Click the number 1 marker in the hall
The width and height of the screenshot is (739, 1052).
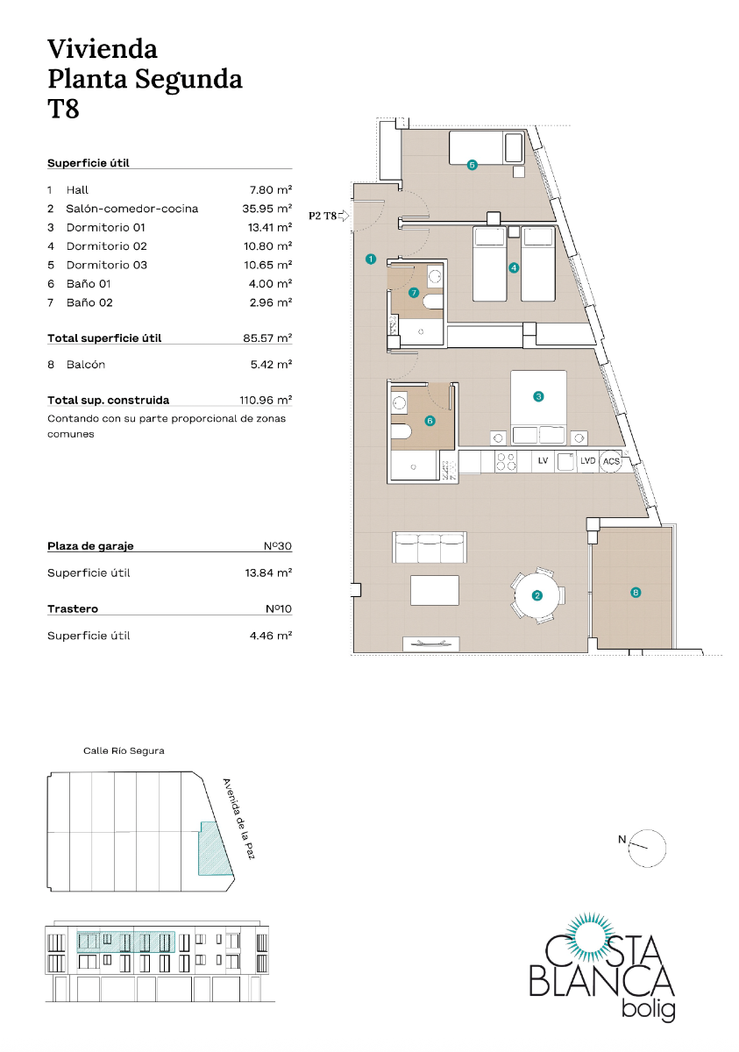click(371, 259)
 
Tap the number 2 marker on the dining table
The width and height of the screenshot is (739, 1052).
click(536, 596)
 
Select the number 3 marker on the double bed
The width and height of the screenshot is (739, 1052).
click(538, 396)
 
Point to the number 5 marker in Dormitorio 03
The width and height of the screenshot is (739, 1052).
click(472, 164)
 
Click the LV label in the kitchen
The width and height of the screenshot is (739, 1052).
click(543, 461)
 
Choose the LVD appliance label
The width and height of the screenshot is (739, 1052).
click(587, 461)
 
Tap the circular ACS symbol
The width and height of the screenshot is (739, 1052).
click(611, 461)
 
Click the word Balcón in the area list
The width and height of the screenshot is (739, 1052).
click(86, 364)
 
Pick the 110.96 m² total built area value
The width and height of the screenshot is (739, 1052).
click(266, 400)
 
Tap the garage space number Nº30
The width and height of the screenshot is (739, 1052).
click(277, 546)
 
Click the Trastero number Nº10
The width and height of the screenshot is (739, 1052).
click(277, 608)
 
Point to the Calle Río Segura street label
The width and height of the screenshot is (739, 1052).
click(124, 751)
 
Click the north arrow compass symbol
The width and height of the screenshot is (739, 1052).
click(648, 847)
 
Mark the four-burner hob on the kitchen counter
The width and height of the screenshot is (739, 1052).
click(506, 461)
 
